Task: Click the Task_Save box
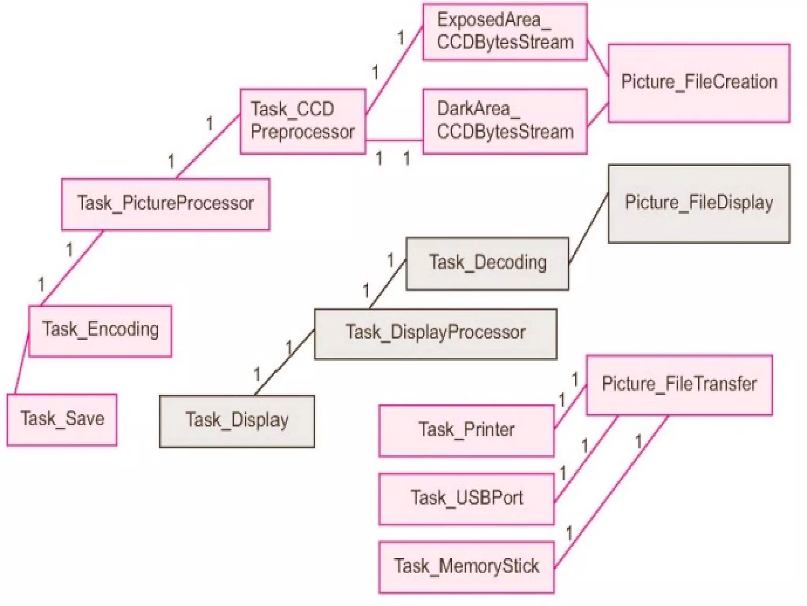point(62,420)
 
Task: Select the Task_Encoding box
point(100,331)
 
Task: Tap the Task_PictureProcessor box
point(165,204)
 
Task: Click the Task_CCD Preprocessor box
point(303,121)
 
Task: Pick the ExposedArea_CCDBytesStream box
point(505,32)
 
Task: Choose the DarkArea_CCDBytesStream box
point(505,121)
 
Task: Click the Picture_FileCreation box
point(699,83)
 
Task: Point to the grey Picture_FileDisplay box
point(699,204)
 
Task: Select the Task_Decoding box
point(487,264)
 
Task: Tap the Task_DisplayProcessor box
point(435,334)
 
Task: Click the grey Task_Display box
point(237,421)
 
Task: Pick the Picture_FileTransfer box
point(679,385)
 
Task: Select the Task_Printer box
point(466,431)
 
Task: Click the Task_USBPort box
point(466,499)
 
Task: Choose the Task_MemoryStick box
point(466,567)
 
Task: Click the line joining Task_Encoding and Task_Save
point(22,364)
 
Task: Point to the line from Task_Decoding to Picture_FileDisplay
point(588,228)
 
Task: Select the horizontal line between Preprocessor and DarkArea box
point(394,140)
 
